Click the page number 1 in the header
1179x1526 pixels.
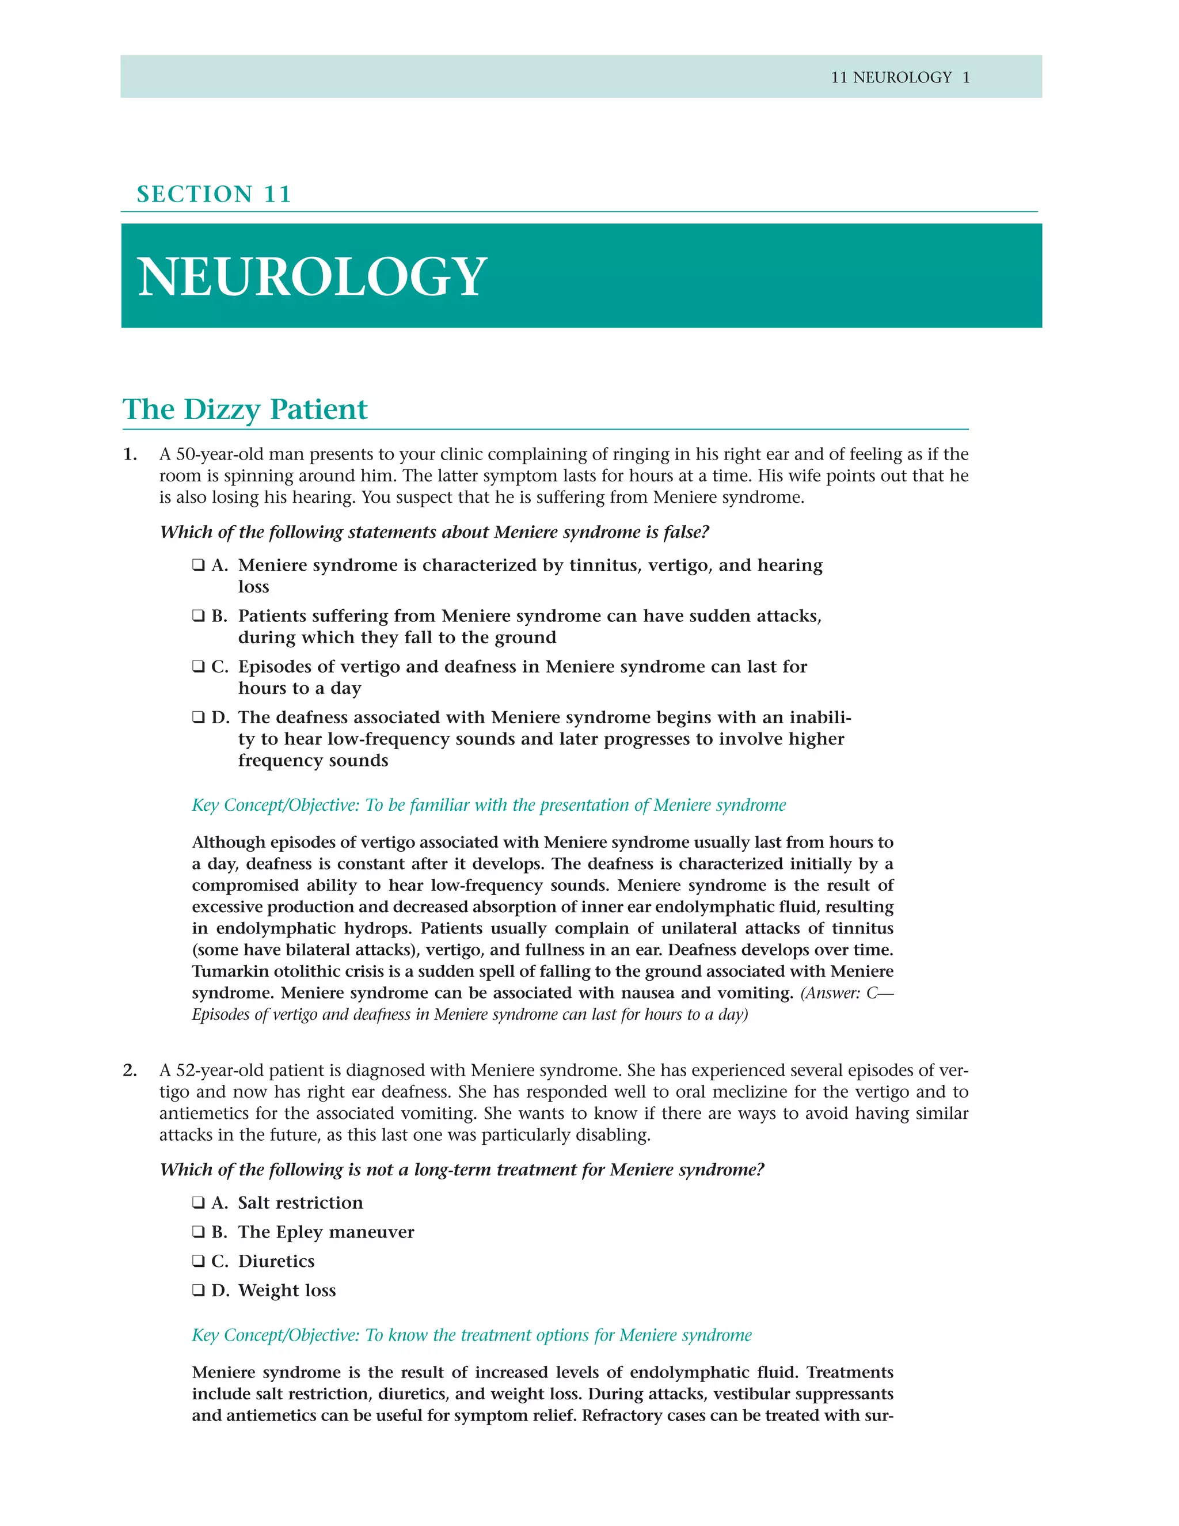tap(966, 78)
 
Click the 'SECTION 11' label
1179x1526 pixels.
tap(214, 193)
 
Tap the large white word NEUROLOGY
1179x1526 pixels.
tap(311, 276)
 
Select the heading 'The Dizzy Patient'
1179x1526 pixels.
tap(245, 409)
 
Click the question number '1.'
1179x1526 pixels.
tap(130, 454)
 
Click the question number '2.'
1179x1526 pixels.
tap(130, 1070)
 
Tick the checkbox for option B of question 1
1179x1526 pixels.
tap(199, 616)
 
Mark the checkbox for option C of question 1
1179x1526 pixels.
tap(199, 667)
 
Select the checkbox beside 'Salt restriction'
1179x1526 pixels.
tap(199, 1202)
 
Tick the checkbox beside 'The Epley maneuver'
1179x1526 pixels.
tap(199, 1232)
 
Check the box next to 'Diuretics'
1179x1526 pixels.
tap(199, 1261)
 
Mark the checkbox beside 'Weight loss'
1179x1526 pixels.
tap(199, 1290)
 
